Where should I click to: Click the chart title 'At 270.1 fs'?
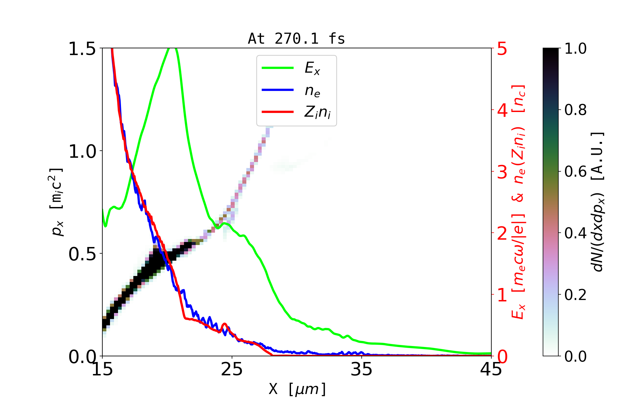tap(296, 39)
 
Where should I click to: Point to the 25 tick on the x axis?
tap(232, 369)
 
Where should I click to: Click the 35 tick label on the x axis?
tap(362, 369)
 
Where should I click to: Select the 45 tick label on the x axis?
tap(491, 369)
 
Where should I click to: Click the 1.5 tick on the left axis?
tap(82, 49)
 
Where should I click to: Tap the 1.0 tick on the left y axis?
tap(82, 151)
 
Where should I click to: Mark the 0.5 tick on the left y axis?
tap(82, 254)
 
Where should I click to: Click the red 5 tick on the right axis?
tap(502, 49)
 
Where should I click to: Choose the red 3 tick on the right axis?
tap(502, 172)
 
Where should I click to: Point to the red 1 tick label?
tap(502, 295)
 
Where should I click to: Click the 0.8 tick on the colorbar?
tap(575, 110)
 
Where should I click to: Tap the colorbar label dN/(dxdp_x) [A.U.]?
tap(598, 202)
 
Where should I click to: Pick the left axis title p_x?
tap(57, 202)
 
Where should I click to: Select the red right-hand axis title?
tap(519, 202)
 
